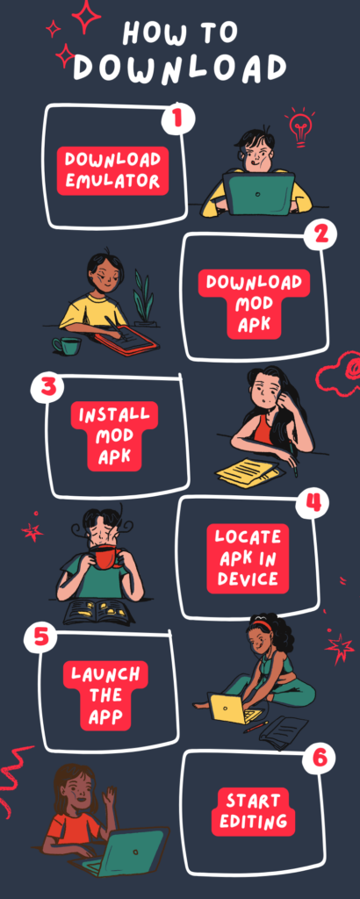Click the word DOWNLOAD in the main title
[179, 68]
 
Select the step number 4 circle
[312, 503]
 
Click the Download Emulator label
[112, 170]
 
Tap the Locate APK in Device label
[248, 557]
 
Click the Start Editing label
[255, 811]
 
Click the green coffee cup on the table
[67, 345]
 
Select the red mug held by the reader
[107, 557]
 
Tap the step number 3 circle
[45, 387]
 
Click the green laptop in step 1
[258, 193]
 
